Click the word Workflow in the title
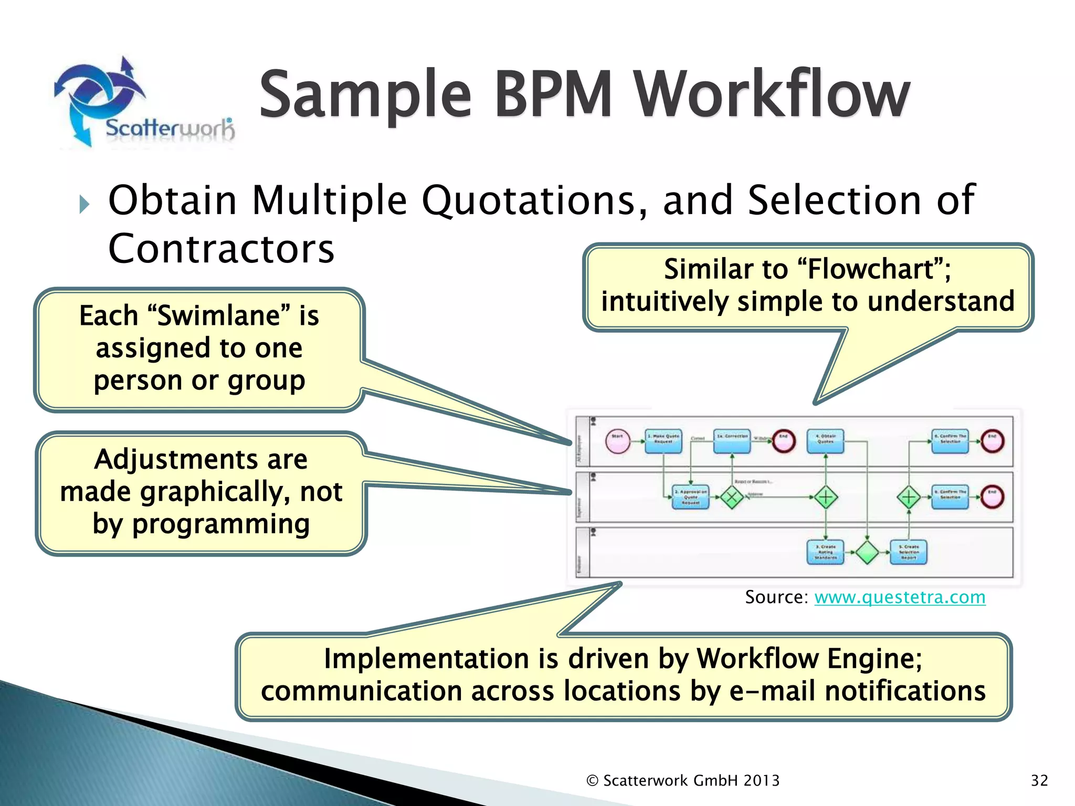click(x=772, y=94)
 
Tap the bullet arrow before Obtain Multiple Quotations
click(x=84, y=204)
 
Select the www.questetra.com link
click(x=900, y=597)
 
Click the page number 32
click(x=1039, y=781)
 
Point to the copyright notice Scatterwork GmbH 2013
click(x=683, y=781)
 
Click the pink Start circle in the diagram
click(x=617, y=441)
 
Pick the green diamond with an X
click(x=732, y=497)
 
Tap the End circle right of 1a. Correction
click(x=783, y=441)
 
